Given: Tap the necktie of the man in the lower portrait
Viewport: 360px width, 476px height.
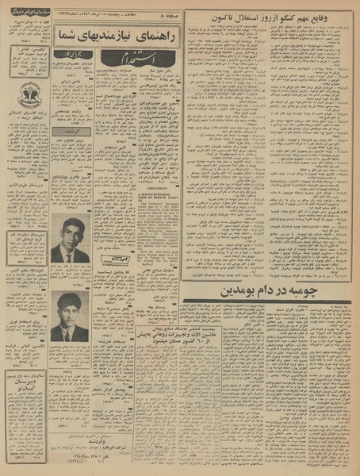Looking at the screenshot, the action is (x=70, y=334).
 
